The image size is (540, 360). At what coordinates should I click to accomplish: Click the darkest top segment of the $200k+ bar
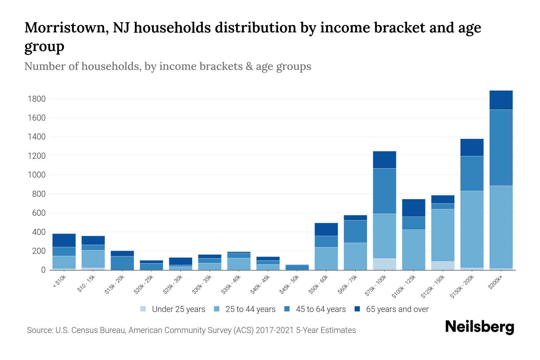501,100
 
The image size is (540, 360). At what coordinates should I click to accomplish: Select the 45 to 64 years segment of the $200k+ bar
501,148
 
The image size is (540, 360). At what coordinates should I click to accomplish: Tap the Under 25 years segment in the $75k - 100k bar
384,264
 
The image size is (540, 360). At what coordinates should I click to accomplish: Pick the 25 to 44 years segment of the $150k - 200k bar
472,229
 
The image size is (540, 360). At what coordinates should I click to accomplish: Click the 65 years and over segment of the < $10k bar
64,240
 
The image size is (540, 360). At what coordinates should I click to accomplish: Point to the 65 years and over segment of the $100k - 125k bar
413,208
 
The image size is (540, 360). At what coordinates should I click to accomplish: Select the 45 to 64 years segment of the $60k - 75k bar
355,231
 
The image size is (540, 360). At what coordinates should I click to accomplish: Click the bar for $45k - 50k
297,267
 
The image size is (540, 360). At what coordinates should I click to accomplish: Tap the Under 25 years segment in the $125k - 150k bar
442,265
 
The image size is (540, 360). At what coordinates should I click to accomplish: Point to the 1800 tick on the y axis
36,99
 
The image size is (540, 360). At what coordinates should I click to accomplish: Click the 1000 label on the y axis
36,175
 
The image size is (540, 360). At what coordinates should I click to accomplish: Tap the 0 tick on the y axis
43,270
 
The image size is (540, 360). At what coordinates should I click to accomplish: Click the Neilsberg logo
479,327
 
